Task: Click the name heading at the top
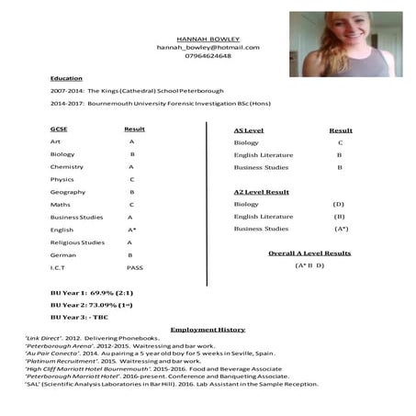[x=207, y=39]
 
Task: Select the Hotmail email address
[x=208, y=47]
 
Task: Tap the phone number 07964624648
[x=208, y=56]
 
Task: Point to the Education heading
[x=66, y=79]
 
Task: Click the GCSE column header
[x=59, y=129]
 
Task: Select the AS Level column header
[x=250, y=130]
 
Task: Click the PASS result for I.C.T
[x=134, y=267]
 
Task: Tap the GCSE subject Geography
[x=68, y=192]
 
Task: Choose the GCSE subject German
[x=63, y=254]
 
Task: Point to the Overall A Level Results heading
[x=309, y=253]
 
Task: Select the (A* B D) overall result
[x=309, y=265]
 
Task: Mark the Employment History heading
[x=208, y=329]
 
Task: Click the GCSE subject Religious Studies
[x=78, y=242]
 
